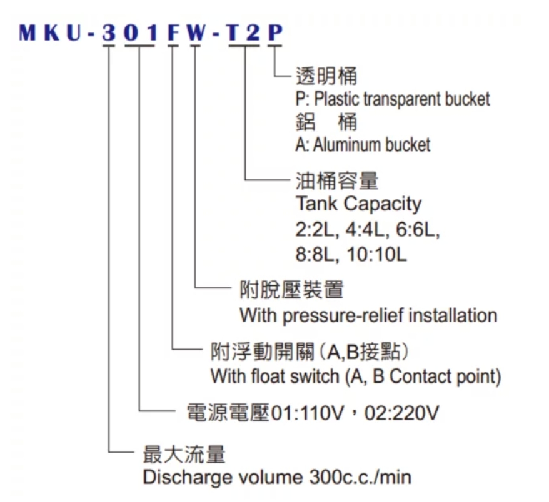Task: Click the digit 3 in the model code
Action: (109, 33)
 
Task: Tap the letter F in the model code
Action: (173, 33)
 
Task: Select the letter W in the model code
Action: (195, 33)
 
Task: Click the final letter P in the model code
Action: (275, 33)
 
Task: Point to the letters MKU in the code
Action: (52, 33)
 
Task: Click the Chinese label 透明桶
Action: (326, 76)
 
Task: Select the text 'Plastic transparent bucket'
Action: (402, 99)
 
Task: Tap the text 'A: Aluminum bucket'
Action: (363, 145)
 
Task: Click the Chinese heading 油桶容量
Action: (337, 180)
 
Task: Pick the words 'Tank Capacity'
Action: (358, 204)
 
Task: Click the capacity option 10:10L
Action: (377, 255)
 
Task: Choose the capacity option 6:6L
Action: (418, 230)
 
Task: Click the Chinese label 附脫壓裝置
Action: (291, 290)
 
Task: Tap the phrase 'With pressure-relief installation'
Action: (368, 315)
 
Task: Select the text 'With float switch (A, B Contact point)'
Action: (356, 377)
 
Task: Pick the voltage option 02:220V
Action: (401, 413)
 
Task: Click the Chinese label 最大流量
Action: (184, 454)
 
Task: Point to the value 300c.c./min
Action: (360, 478)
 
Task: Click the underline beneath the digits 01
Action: (139, 46)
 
